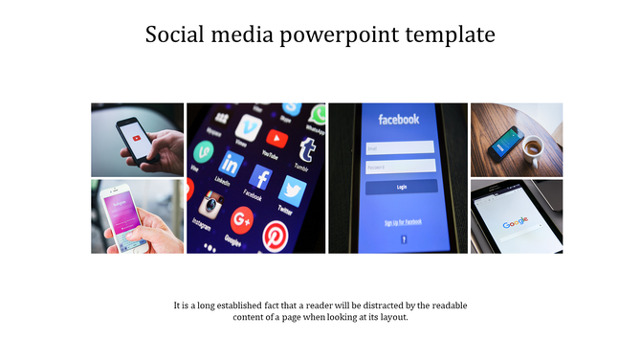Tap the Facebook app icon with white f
click(x=260, y=177)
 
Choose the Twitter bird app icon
click(x=291, y=190)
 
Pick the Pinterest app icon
click(x=276, y=234)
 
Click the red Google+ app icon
click(x=241, y=220)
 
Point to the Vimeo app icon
click(x=250, y=126)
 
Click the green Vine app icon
click(x=203, y=151)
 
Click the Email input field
click(x=399, y=147)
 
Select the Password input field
click(x=399, y=166)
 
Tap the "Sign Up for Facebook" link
click(x=403, y=222)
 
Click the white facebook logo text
click(x=399, y=120)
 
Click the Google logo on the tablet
click(x=516, y=222)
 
